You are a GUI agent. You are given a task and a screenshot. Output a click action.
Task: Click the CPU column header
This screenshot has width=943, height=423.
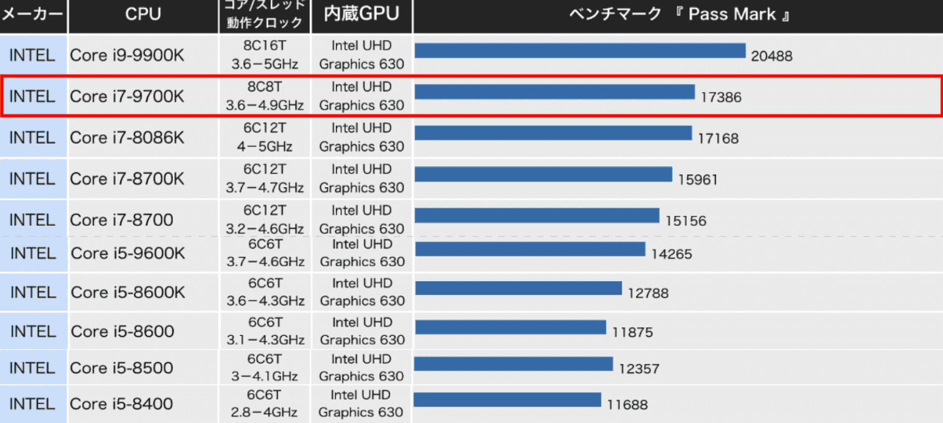[143, 14]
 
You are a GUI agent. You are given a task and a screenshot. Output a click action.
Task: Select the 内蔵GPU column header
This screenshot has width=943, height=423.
[361, 14]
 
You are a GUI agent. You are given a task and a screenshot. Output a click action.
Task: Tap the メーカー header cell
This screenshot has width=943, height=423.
[33, 14]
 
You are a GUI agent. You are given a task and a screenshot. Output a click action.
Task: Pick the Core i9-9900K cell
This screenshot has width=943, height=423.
[127, 55]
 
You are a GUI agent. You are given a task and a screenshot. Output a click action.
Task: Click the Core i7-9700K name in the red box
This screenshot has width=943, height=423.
[127, 96]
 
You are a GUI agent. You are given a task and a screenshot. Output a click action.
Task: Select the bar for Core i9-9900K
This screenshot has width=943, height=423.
[580, 50]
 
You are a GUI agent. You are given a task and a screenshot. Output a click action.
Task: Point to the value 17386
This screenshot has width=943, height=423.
[721, 97]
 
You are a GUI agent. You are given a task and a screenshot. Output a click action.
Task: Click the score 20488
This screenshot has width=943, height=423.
[771, 56]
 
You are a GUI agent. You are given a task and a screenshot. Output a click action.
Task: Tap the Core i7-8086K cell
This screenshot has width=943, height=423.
[127, 137]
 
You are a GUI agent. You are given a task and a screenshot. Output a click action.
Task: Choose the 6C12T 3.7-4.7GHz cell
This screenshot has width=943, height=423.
[265, 179]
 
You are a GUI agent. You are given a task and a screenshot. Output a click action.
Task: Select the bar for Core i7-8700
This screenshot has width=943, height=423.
[537, 215]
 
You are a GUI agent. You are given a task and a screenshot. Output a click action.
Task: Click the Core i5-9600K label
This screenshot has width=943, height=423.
[128, 253]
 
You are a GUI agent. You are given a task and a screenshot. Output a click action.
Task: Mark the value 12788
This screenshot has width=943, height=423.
[648, 292]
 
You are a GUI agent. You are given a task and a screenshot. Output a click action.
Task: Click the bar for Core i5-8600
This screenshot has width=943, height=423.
[510, 327]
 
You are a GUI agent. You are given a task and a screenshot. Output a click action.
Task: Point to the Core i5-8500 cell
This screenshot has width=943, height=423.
[122, 368]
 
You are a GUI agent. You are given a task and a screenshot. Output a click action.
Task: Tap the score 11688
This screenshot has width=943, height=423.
[627, 405]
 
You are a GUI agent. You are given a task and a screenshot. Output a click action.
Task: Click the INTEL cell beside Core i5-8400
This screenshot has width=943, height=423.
[33, 404]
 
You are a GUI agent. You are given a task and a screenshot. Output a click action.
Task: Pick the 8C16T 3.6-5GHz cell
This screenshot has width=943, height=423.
[265, 55]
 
